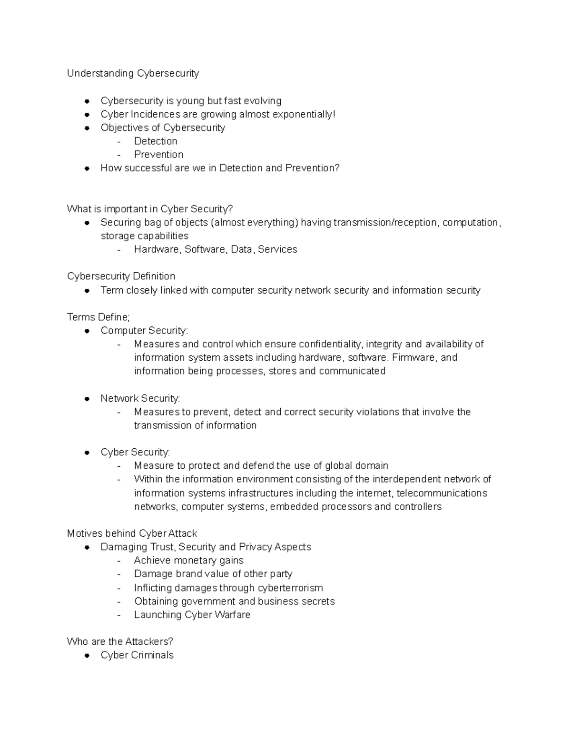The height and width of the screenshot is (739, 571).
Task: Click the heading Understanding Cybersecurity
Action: tap(133, 73)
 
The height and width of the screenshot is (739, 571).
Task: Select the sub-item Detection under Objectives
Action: tap(156, 141)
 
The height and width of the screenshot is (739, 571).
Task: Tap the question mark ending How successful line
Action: tap(337, 168)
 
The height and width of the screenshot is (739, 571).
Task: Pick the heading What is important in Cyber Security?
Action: tap(150, 209)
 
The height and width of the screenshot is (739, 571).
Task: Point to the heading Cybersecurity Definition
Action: tap(121, 276)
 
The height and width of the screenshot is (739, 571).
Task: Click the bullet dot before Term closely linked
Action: tap(87, 291)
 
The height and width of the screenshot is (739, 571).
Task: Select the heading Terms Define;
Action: tap(98, 317)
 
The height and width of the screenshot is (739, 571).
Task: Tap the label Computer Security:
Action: tap(144, 331)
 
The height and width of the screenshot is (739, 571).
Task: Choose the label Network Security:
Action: tap(140, 398)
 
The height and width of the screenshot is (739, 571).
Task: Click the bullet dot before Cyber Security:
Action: tap(87, 453)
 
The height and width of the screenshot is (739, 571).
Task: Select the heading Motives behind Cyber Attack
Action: tap(132, 533)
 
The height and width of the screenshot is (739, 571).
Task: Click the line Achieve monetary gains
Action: tap(188, 561)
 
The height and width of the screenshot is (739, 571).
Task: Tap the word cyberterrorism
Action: tap(287, 588)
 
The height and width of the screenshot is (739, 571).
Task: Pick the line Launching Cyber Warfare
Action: tap(192, 615)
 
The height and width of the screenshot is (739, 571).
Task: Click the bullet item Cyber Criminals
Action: tap(137, 655)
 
